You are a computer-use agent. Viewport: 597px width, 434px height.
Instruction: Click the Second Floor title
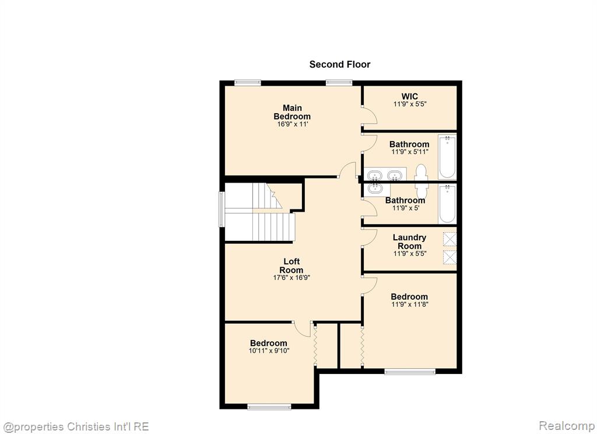(x=340, y=64)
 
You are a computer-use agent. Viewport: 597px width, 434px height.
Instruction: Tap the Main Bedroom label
(x=292, y=112)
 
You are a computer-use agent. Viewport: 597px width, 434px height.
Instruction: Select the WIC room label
(x=410, y=96)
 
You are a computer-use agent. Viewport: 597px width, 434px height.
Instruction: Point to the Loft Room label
(x=292, y=265)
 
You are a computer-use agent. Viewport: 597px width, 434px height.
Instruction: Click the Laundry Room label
(x=410, y=242)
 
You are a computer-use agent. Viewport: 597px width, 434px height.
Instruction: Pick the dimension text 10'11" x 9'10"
(x=269, y=351)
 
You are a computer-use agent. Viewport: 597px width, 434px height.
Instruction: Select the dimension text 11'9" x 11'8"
(x=410, y=304)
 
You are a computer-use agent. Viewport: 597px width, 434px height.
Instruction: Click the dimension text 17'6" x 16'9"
(x=292, y=278)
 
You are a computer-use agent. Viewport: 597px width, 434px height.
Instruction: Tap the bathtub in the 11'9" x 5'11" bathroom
(x=447, y=156)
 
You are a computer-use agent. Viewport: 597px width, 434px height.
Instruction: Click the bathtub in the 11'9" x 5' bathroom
(x=447, y=204)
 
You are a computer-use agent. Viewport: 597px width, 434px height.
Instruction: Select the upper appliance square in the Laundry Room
(x=449, y=239)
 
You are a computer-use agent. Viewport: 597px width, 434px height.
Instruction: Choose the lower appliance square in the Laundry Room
(x=449, y=257)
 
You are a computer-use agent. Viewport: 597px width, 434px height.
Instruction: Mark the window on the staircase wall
(x=221, y=209)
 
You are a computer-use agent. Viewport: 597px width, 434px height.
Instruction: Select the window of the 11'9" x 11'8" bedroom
(x=410, y=372)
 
